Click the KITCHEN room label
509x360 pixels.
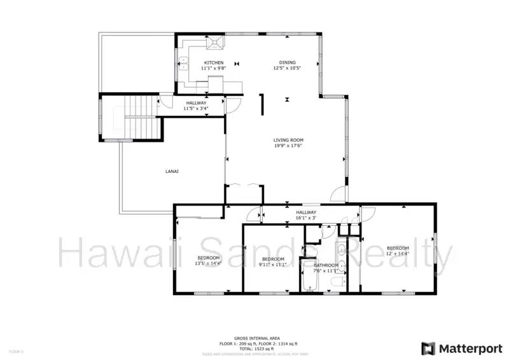[213, 62]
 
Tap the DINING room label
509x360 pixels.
[287, 62]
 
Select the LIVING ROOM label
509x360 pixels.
[288, 140]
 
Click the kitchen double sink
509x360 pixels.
[184, 63]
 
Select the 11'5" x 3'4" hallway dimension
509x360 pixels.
[196, 109]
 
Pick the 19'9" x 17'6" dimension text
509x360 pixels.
[288, 146]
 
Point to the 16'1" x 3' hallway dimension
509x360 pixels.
[305, 218]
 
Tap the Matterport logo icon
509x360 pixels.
[428, 348]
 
